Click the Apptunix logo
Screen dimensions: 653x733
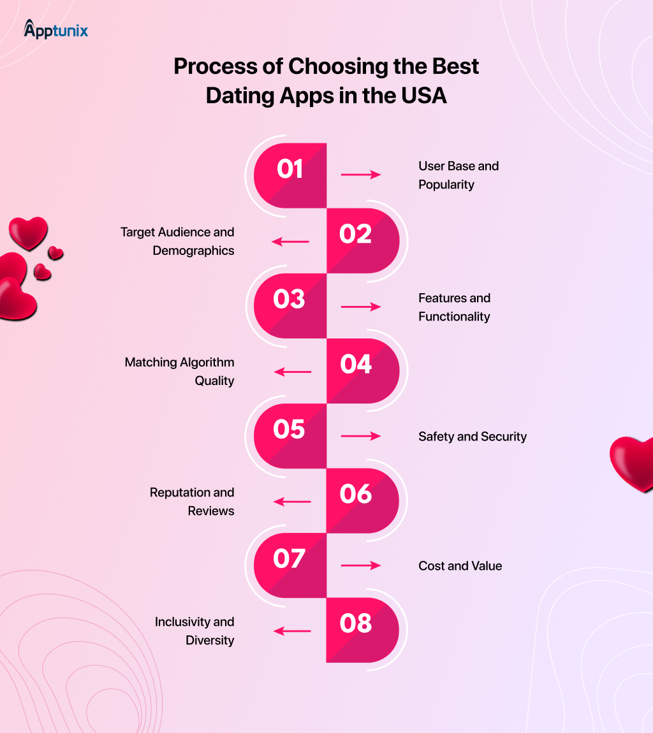[55, 29]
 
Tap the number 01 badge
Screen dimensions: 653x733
[290, 175]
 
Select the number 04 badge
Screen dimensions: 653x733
[363, 371]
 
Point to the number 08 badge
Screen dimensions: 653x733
[362, 630]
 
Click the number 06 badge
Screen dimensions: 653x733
[362, 500]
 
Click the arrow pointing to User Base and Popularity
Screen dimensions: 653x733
[361, 175]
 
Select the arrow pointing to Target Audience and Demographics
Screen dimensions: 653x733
[290, 241]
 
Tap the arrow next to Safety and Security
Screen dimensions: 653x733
[361, 436]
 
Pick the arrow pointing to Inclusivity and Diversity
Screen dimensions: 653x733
[292, 631]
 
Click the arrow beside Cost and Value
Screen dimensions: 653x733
[361, 565]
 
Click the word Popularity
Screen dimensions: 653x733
[446, 185]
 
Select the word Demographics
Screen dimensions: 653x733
[193, 251]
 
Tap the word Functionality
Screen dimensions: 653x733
[454, 317]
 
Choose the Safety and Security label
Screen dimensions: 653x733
[473, 437]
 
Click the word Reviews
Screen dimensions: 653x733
[211, 511]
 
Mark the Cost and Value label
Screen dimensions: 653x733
[460, 566]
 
